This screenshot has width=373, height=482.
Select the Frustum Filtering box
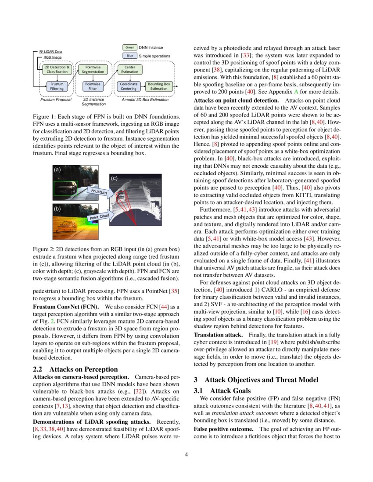pos(57,86)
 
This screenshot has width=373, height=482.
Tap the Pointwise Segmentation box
pos(93,69)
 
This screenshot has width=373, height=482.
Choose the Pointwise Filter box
pos(93,86)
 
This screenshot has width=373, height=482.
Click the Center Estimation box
pos(129,69)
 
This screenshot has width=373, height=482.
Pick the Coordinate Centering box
pos(129,86)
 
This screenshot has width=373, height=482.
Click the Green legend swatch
pos(129,47)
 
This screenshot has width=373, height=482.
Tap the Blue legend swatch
pos(129,56)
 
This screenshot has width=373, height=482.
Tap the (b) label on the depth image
pos(57,209)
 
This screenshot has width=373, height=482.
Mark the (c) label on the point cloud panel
pos(114,178)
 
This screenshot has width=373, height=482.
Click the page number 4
pos(186,454)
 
